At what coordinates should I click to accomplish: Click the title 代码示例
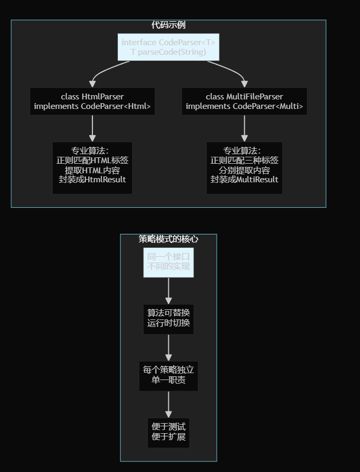click(168, 25)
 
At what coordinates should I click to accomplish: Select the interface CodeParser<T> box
click(168, 47)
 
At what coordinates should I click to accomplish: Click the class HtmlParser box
click(92, 101)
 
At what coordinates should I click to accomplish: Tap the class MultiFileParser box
click(244, 101)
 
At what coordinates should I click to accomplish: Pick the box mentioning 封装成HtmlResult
click(92, 167)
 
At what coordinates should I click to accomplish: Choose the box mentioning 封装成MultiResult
click(244, 167)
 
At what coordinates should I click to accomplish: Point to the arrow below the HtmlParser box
click(92, 128)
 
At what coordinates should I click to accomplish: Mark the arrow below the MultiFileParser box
click(244, 128)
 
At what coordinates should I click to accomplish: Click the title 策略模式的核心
click(168, 239)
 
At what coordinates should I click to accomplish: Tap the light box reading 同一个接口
click(168, 262)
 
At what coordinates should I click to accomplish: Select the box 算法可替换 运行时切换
click(168, 318)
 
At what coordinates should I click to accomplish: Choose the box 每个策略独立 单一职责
click(168, 375)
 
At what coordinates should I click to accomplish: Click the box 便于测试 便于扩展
click(168, 432)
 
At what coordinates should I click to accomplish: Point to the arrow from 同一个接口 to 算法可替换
click(168, 290)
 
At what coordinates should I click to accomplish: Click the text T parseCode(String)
click(168, 52)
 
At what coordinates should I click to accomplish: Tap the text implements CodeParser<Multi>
click(244, 106)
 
